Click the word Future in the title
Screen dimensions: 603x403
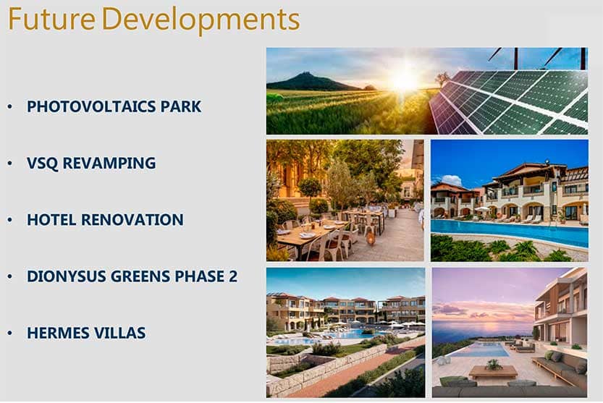[x=51, y=19]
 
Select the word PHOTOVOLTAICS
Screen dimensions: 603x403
[x=91, y=106]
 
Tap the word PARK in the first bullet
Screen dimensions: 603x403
[x=181, y=106]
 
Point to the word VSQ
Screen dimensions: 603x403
[x=42, y=163]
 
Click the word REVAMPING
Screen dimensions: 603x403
[x=109, y=163]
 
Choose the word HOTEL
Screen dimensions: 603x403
[x=51, y=219]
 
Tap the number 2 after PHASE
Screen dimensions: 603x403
[x=233, y=276]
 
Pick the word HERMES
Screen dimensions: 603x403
[x=57, y=333]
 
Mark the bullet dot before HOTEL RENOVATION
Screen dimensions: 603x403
[x=10, y=220]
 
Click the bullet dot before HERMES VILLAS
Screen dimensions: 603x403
[x=10, y=334]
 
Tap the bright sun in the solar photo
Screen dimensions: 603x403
[x=404, y=80]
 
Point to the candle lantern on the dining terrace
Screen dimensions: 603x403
[x=371, y=239]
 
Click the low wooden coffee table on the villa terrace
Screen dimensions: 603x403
[x=493, y=371]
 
